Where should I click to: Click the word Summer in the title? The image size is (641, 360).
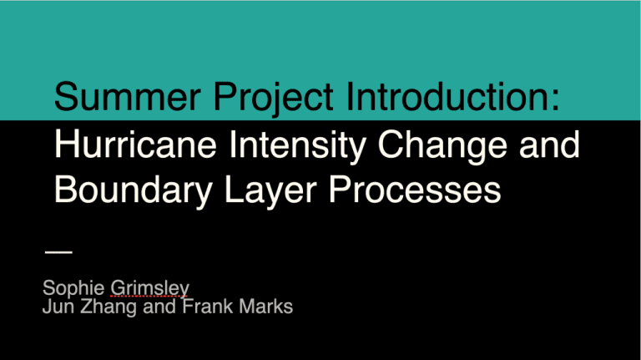coord(128,97)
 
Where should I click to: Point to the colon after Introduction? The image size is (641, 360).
coord(555,100)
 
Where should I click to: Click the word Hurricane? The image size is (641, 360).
coord(135,145)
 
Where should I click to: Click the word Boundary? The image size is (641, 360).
coord(134,191)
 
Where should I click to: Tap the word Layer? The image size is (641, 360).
coord(270,191)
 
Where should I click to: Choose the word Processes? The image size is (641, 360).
coord(415,190)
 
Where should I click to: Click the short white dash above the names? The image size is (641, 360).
coord(59,252)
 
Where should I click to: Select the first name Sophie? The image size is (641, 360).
coord(73,288)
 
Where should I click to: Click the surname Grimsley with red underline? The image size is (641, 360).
coord(150,288)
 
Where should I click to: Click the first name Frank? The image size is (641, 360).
coord(208,307)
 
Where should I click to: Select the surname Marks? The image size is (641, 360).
coord(265,307)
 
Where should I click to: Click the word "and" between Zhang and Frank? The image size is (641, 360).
coord(159,307)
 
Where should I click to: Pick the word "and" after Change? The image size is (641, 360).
coord(549,145)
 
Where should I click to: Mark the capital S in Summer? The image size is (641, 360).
coord(66,97)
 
